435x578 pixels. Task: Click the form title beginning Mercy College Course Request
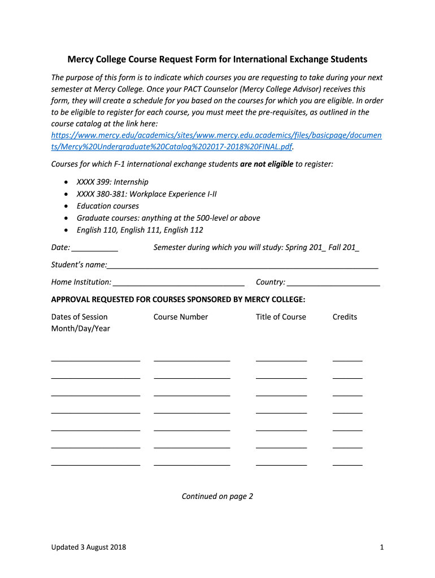217,59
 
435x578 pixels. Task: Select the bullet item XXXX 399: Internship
112,182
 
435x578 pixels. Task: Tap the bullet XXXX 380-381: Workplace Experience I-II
146,194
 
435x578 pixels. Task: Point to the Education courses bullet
107,206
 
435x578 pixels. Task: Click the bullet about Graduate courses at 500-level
168,218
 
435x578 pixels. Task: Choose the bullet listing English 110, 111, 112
140,230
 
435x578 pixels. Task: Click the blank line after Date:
95,248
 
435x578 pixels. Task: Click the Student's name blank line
242,265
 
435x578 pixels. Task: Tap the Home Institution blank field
179,282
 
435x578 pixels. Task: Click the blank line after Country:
333,282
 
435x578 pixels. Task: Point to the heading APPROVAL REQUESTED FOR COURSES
178,299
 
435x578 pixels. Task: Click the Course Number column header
181,317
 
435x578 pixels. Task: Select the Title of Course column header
281,317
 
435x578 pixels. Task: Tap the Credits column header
345,317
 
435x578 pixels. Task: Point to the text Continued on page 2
217,496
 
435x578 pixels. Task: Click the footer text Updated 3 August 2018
89,547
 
